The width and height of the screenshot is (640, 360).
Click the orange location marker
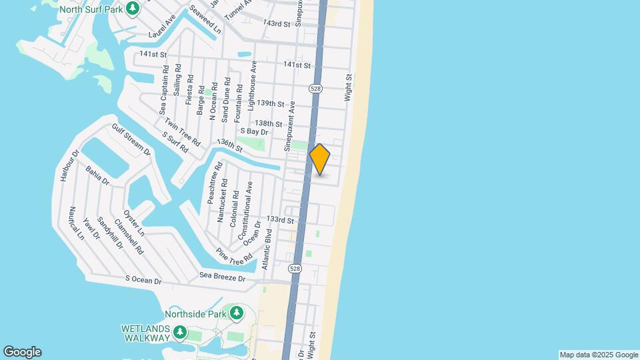pyautogui.click(x=320, y=159)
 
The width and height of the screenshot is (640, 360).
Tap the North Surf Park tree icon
pyautogui.click(x=133, y=9)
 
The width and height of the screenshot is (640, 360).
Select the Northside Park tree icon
pyautogui.click(x=237, y=313)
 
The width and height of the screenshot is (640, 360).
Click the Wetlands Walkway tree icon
pyautogui.click(x=179, y=332)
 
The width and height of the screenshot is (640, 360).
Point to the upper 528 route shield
pyautogui.click(x=316, y=89)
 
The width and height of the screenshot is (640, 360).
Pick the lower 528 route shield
pyautogui.click(x=295, y=268)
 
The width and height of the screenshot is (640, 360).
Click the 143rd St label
pyautogui.click(x=277, y=24)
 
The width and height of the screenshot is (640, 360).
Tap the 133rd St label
pyautogui.click(x=281, y=219)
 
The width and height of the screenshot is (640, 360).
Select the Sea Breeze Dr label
pyautogui.click(x=223, y=276)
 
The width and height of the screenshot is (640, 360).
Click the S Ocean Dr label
pyautogui.click(x=143, y=281)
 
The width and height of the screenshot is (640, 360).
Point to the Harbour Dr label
pyautogui.click(x=69, y=165)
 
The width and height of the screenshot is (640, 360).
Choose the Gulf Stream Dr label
pyautogui.click(x=131, y=140)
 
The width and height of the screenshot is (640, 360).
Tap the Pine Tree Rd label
pyautogui.click(x=234, y=255)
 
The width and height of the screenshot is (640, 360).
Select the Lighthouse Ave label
pyautogui.click(x=252, y=85)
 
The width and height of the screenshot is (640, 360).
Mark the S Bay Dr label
pyautogui.click(x=253, y=131)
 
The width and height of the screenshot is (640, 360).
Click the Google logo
pyautogui.click(x=22, y=352)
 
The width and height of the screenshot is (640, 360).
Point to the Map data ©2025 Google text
pyautogui.click(x=599, y=355)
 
